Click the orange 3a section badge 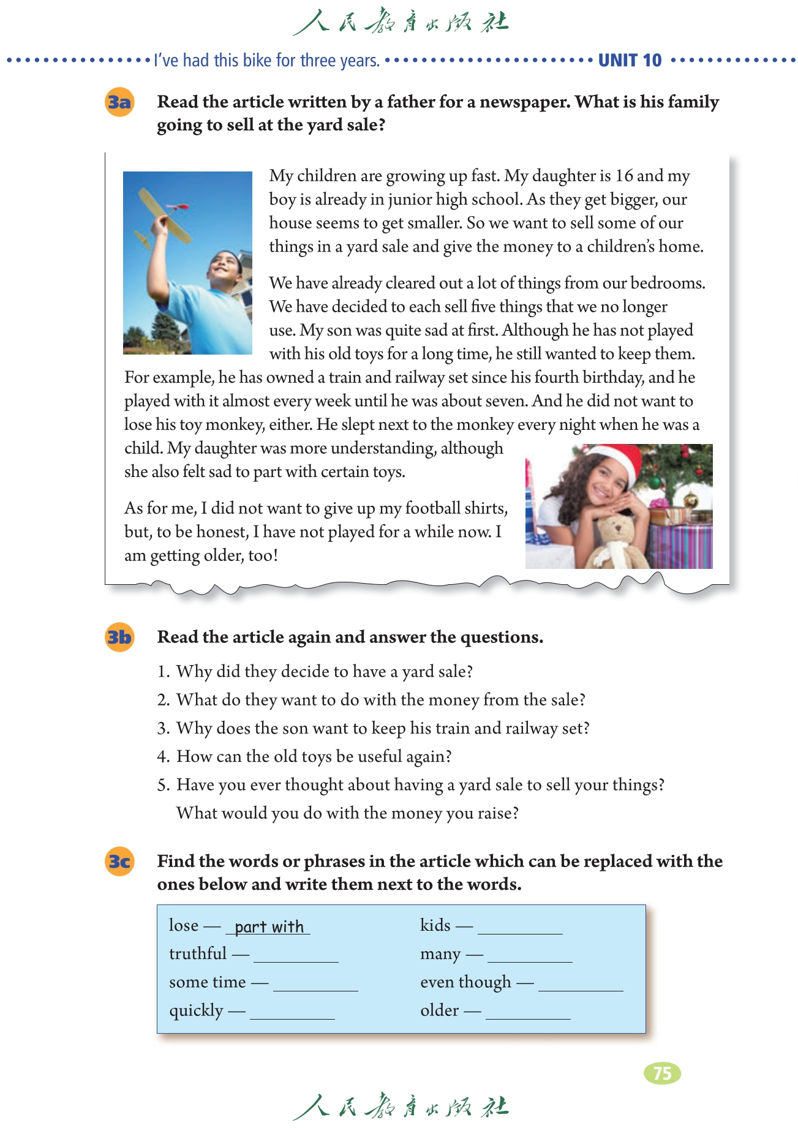(119, 102)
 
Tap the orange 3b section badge (119, 637)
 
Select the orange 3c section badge (119, 862)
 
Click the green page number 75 (662, 1073)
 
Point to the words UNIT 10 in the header (630, 60)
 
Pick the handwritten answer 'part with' (269, 927)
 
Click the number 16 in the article (624, 176)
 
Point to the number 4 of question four (162, 757)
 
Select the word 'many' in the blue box (440, 954)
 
